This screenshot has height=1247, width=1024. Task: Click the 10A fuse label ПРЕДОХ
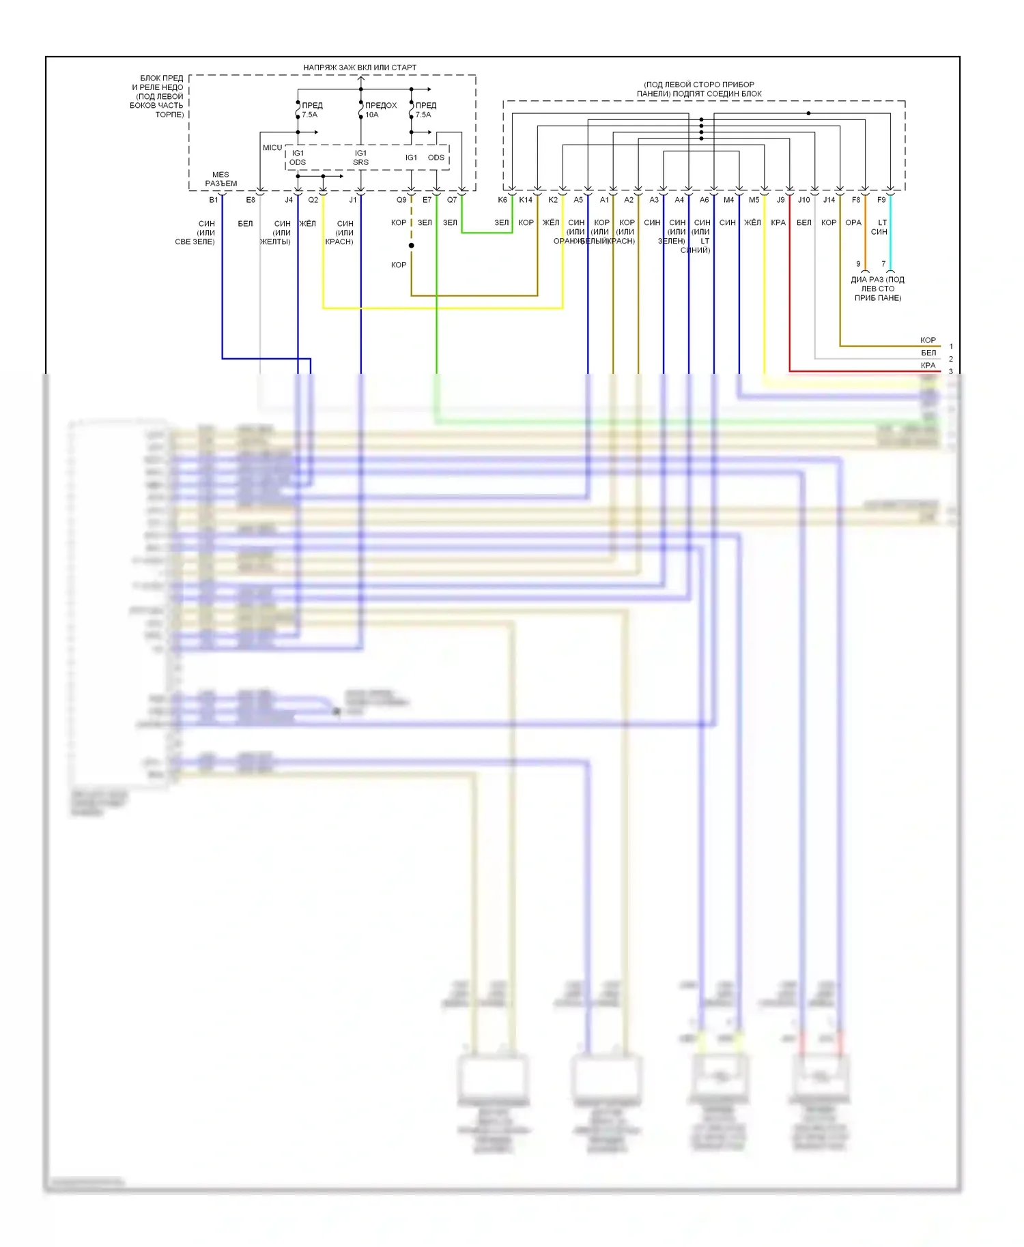[380, 106]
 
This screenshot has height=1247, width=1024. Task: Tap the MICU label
[272, 148]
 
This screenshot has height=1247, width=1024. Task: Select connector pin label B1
[214, 200]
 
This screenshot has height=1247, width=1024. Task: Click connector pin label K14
[525, 200]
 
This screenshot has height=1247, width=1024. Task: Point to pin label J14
[829, 200]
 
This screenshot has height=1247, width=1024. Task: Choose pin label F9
[881, 200]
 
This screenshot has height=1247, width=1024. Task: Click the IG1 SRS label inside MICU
[360, 158]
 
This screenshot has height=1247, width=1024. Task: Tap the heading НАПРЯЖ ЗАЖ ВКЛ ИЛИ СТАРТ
[360, 68]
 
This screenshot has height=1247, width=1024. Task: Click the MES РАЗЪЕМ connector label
[221, 179]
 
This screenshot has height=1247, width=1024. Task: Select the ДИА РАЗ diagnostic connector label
[877, 289]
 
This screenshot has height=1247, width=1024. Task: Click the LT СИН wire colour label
[879, 227]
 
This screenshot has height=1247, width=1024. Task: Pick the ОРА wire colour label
[853, 223]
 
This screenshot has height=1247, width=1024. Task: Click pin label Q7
[452, 200]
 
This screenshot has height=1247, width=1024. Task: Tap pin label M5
[754, 200]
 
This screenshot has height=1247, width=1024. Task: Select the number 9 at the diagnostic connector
[859, 264]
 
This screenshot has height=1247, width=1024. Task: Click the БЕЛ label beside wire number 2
[928, 353]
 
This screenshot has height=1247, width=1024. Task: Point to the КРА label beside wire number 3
[928, 366]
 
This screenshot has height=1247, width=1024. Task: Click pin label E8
[251, 200]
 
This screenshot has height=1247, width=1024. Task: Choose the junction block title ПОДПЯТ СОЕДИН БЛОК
[699, 93]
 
